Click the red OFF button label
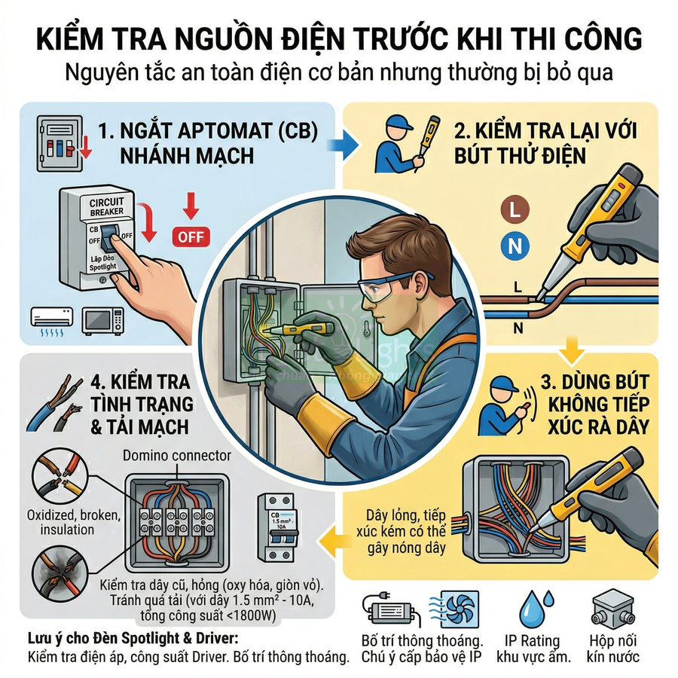190,236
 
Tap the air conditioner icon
52,319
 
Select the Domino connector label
177,456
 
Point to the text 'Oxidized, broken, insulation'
63,522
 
